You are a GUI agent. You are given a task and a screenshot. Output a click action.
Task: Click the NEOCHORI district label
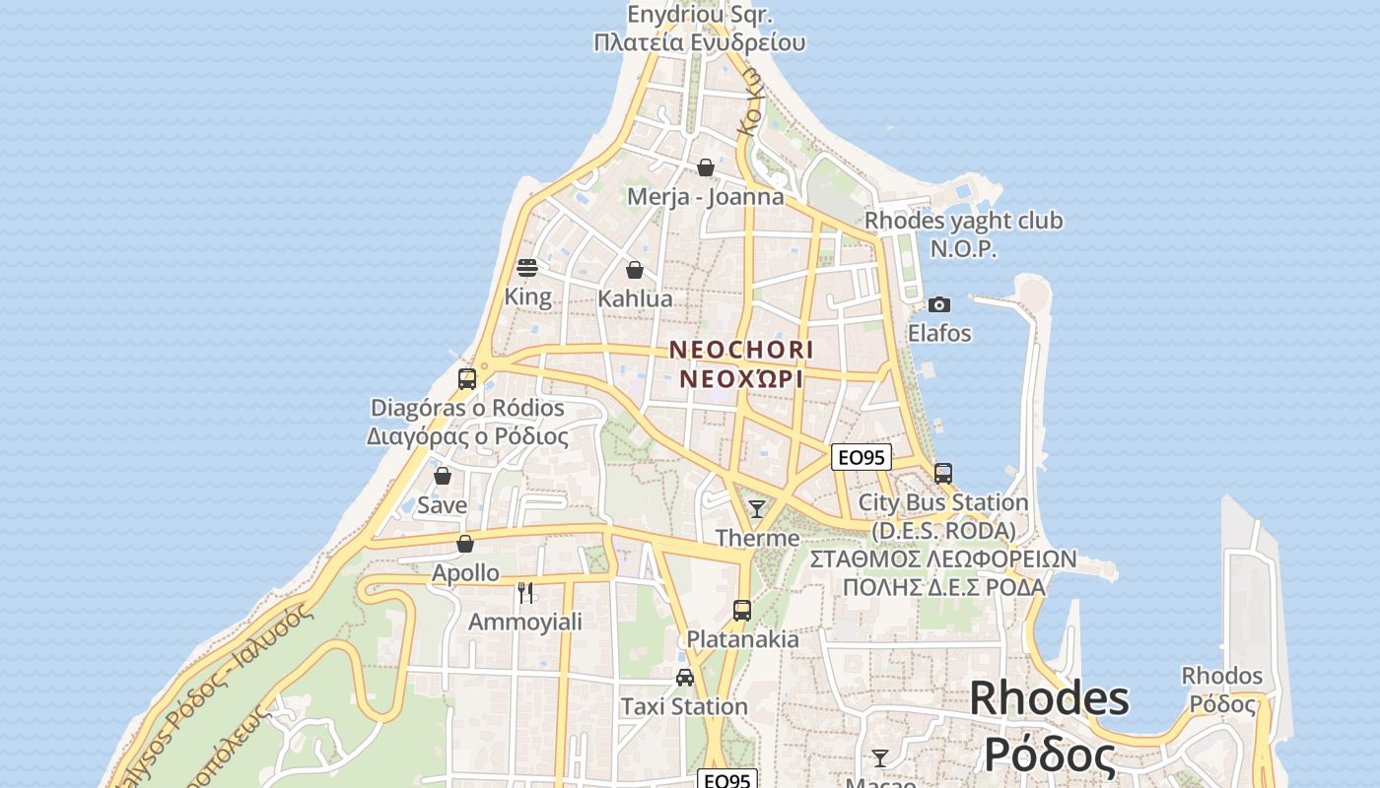741,350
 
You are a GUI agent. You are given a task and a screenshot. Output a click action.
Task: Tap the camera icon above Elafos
939,304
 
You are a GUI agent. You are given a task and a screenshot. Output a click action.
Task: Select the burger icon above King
527,268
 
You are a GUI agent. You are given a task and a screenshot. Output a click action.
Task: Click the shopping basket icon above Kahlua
635,270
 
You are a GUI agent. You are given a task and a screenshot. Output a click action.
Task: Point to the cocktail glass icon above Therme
757,509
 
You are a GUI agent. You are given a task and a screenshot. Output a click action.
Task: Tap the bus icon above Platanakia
742,611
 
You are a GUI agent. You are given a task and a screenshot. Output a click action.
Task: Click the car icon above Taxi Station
684,678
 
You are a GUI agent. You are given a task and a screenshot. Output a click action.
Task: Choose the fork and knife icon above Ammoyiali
525,593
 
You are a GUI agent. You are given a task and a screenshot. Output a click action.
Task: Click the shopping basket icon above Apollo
465,544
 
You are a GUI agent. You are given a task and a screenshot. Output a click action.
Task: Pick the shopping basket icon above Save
443,477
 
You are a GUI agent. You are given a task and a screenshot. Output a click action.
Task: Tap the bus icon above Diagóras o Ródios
467,379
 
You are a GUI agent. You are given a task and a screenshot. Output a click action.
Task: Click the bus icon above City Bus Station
943,474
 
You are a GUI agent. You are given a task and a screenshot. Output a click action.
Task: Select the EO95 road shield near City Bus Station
862,457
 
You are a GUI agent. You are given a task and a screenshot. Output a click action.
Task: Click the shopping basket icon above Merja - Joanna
706,167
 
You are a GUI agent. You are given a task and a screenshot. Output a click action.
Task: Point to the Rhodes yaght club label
963,221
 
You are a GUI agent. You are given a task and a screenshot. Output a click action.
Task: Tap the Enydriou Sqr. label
700,15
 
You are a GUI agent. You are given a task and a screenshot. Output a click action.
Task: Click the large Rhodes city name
1050,698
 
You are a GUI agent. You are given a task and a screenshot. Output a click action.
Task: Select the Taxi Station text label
684,706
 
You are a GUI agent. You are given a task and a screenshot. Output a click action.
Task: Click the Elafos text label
939,333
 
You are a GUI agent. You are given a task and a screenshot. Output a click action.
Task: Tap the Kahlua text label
635,298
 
